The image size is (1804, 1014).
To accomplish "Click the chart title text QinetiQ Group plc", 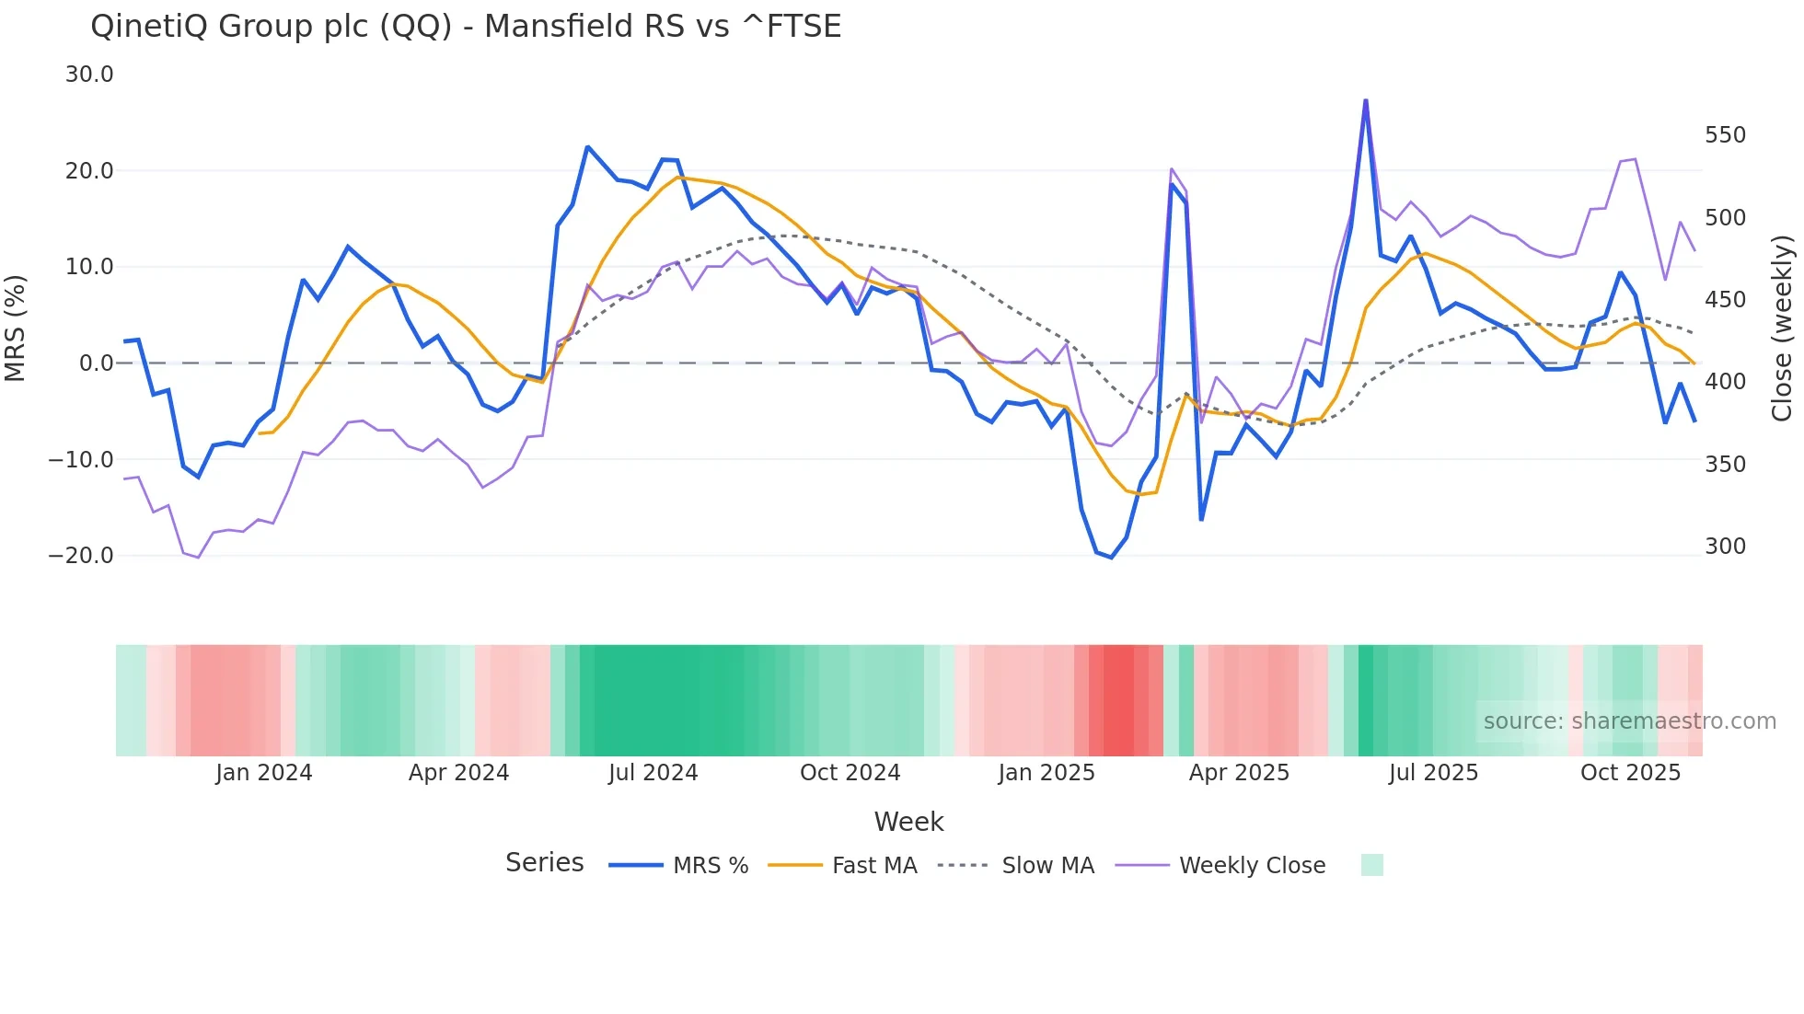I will [465, 26].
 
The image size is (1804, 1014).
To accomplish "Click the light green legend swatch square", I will [1371, 865].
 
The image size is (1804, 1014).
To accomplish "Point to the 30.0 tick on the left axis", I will [89, 75].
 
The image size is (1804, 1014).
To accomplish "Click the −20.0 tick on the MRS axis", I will [81, 556].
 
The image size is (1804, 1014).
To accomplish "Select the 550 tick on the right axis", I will [1725, 135].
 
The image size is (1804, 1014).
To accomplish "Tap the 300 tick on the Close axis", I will [1725, 547].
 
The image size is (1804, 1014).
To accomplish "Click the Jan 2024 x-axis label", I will [264, 773].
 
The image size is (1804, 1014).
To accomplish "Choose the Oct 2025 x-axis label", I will [1630, 773].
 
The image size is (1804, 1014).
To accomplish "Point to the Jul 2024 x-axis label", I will [653, 773].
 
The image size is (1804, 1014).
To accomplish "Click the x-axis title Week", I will [908, 822].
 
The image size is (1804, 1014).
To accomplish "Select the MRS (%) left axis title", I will [16, 328].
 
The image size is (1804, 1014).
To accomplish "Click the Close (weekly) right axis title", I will [1783, 328].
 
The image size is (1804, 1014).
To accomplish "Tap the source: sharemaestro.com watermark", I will [1629, 721].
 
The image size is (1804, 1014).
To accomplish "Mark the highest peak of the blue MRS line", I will [1365, 100].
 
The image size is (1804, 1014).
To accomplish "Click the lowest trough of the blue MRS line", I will [1111, 558].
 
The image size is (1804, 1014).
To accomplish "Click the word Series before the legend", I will [544, 863].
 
